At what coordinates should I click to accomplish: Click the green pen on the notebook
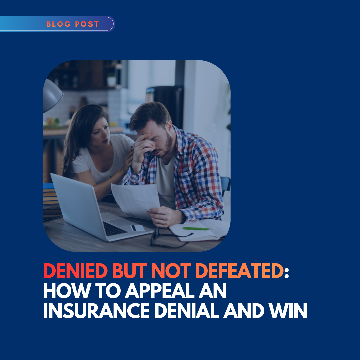[196, 228]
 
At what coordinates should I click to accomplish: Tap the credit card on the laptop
[138, 228]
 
